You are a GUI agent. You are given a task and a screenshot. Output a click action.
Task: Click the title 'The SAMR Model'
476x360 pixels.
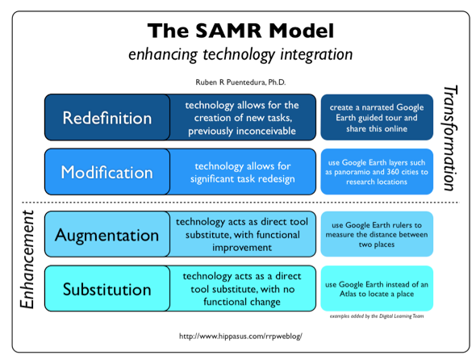(240, 31)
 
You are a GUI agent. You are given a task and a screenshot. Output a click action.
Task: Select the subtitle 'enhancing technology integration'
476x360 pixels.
(240, 55)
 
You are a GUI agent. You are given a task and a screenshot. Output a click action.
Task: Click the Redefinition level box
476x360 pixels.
(106, 118)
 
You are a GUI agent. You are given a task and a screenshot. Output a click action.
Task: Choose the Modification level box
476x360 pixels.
(106, 172)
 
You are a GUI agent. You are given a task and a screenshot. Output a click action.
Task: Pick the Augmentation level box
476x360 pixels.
(106, 235)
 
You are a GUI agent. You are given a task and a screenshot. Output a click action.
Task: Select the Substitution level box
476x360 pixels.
(106, 288)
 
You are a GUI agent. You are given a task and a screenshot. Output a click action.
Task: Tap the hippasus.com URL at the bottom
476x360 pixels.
(239, 333)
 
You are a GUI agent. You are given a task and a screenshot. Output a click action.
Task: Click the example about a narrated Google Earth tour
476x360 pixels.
(377, 117)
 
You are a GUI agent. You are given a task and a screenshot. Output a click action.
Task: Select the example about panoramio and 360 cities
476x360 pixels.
(377, 171)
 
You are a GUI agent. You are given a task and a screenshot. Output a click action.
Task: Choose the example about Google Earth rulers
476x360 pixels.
(377, 234)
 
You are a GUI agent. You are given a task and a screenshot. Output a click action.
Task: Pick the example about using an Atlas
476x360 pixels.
(377, 288)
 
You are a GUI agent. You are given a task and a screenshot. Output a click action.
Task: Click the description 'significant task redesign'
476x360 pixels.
(242, 171)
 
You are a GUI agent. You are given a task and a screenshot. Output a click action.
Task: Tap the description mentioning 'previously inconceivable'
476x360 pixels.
(242, 118)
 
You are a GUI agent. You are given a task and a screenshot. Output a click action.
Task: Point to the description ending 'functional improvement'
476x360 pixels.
(242, 234)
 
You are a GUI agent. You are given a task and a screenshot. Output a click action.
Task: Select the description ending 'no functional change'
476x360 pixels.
(242, 288)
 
